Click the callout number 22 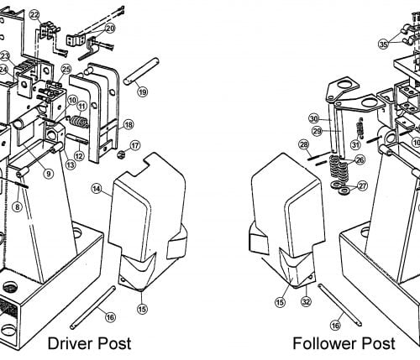coord(34,15)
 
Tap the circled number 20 coord(110,28)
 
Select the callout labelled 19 coord(142,91)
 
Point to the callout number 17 coord(135,144)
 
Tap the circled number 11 coord(82,107)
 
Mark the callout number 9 coord(49,174)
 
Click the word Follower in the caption coord(324,343)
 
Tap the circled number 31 coord(355,144)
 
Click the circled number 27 coord(363,185)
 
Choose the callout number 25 coord(66,69)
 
